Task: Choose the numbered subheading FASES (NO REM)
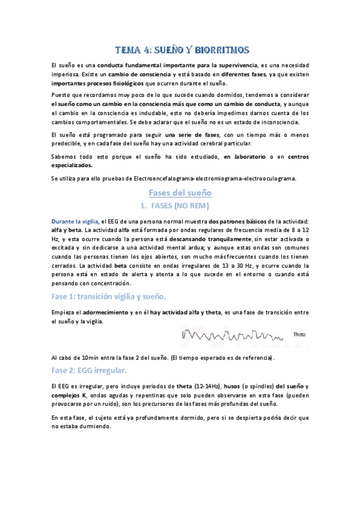point(179,206)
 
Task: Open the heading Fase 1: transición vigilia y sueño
point(109,296)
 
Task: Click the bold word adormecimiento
point(100,312)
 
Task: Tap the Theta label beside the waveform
point(299,334)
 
